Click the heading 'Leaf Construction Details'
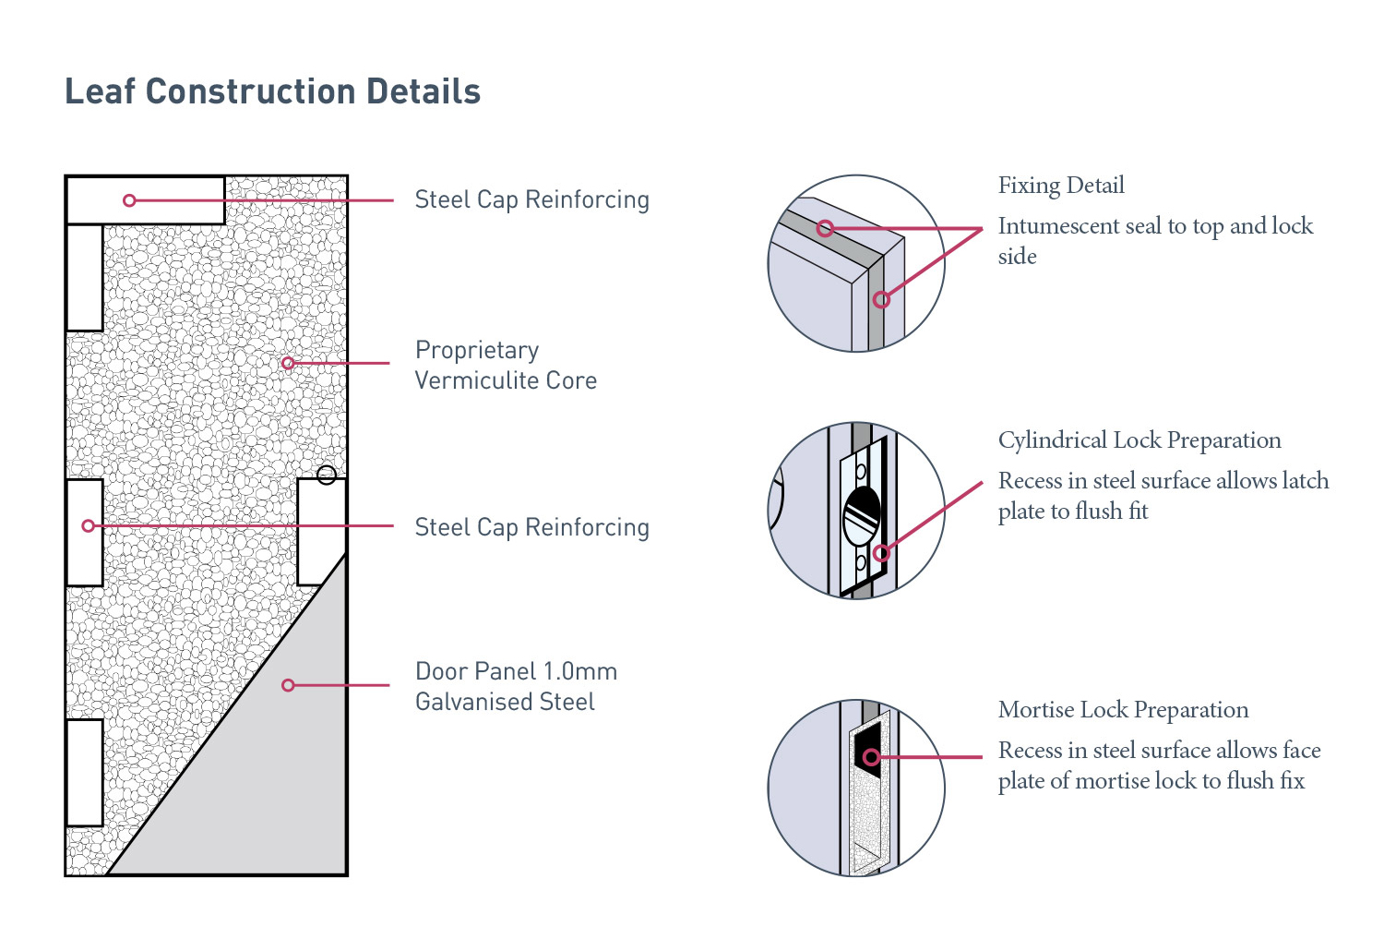pyautogui.click(x=272, y=92)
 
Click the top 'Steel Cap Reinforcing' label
pyautogui.click(x=531, y=199)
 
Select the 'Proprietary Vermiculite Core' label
pyautogui.click(x=506, y=365)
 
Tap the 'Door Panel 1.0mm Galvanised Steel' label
pyautogui.click(x=515, y=686)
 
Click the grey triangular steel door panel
pyautogui.click(x=268, y=776)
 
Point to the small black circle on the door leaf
pyautogui.click(x=326, y=476)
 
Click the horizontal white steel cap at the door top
pyautogui.click(x=175, y=200)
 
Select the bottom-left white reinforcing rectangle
pyautogui.click(x=84, y=773)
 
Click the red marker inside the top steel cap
pyautogui.click(x=129, y=200)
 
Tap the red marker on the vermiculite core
pyautogui.click(x=288, y=363)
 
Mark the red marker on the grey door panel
pyautogui.click(x=288, y=685)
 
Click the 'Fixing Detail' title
pyautogui.click(x=1061, y=186)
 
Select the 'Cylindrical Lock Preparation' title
pyautogui.click(x=1139, y=440)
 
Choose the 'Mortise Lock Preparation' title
pyautogui.click(x=1123, y=710)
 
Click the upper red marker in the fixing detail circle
pyautogui.click(x=825, y=228)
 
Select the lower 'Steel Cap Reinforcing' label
pyautogui.click(x=531, y=527)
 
